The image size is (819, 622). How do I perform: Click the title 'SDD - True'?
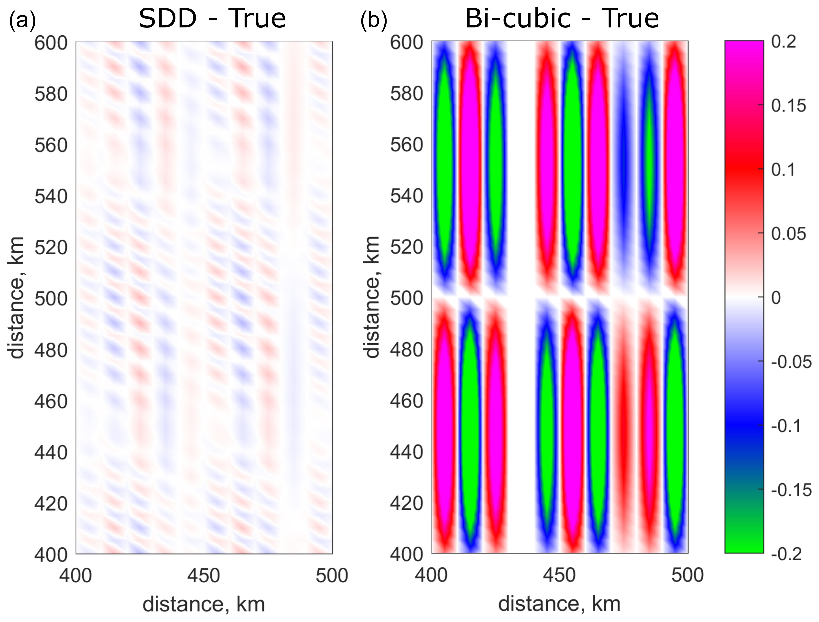212,18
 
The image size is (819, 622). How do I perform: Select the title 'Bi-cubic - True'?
562,18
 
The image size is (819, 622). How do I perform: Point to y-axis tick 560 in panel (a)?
51,145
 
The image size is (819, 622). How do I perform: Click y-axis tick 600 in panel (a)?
51,43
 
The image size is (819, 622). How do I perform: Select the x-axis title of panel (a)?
204,605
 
